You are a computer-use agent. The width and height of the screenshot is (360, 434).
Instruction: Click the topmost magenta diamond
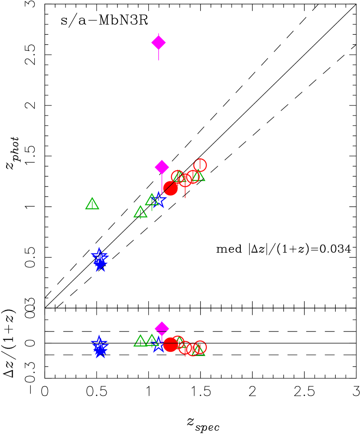point(159,43)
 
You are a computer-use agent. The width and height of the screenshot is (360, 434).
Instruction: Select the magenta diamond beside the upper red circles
point(162,167)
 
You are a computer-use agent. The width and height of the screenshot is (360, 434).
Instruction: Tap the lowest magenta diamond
point(162,328)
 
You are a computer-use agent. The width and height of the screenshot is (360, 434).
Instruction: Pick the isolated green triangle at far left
point(92,204)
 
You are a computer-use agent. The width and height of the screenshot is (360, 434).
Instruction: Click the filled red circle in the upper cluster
point(170,188)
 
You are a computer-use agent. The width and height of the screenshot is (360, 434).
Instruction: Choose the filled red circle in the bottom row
point(170,345)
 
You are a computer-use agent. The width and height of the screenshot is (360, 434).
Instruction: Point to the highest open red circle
point(200,165)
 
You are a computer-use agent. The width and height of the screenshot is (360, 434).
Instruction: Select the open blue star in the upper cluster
point(159,200)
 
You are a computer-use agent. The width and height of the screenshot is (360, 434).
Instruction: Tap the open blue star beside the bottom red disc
point(158,345)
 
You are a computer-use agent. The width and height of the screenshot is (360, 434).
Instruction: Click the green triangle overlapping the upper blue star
point(152,200)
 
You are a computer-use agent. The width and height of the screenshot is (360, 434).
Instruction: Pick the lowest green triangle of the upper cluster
point(141,212)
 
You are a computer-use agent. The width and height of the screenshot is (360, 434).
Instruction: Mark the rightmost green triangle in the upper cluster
point(198,175)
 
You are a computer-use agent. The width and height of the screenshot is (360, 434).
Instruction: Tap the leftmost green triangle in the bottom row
point(141,341)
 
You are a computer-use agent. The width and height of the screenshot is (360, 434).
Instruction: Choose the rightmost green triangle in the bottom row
point(199,351)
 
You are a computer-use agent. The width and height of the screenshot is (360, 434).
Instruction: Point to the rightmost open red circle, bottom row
point(200,347)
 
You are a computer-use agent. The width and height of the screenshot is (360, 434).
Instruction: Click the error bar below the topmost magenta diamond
point(159,56)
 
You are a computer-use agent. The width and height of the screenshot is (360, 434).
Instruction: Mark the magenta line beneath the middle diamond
point(162,182)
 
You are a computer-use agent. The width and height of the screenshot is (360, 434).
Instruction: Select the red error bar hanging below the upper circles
point(185,192)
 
